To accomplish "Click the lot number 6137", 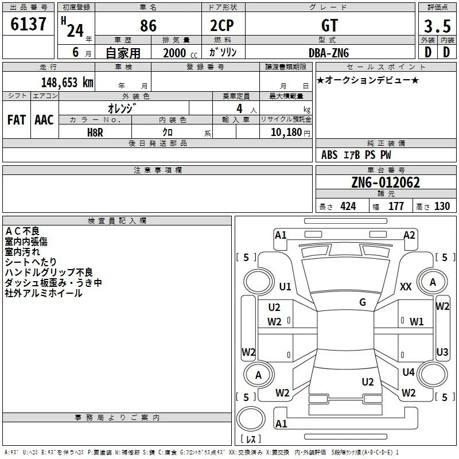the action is [28, 24].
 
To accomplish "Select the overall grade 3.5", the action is [437, 26].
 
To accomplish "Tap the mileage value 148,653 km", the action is [67, 83].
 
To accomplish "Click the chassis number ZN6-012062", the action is [386, 182].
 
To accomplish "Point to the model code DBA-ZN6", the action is [329, 53].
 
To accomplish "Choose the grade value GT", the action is [329, 25].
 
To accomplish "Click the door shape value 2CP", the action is [222, 25].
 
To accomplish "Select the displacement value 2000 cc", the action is [180, 53].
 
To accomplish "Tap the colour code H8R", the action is [95, 133].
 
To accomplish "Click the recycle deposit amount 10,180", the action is [286, 133].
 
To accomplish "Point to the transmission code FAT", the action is [17, 120].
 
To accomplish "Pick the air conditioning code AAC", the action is [44, 120].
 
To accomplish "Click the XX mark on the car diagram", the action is [406, 286].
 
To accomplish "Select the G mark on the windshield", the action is [363, 302].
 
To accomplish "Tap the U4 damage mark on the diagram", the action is [409, 372].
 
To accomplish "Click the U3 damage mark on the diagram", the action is [442, 352].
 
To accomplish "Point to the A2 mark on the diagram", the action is [409, 235].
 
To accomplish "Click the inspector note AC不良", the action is [22, 231].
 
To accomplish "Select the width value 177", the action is [396, 206].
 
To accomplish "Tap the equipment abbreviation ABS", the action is [329, 155].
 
